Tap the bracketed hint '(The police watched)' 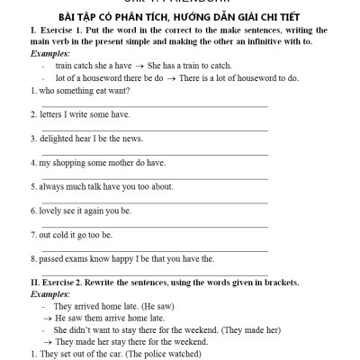166,354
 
